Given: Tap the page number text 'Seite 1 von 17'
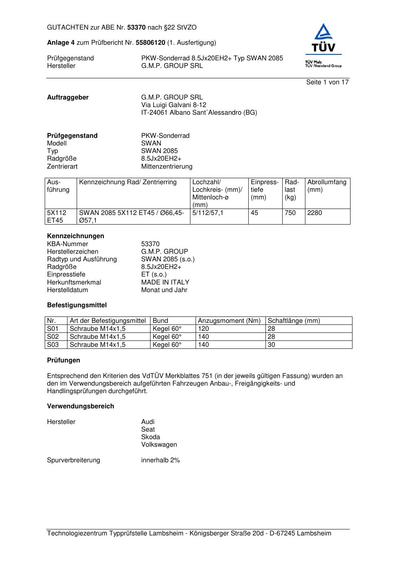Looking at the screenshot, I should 327,82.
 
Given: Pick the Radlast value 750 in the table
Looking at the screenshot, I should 290,213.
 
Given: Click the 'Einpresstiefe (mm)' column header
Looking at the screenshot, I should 265,190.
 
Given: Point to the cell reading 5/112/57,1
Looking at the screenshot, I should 208,213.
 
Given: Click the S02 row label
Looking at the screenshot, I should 53,337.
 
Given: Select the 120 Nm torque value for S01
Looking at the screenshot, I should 204,329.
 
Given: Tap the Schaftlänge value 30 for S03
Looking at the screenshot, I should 271,345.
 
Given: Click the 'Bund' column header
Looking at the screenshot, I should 160,321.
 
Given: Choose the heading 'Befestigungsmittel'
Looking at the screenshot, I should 77,305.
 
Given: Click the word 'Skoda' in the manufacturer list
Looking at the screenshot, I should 150,437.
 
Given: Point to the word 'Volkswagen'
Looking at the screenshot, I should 159,445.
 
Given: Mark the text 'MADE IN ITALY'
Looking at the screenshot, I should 165,282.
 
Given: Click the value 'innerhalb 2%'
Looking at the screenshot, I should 160,460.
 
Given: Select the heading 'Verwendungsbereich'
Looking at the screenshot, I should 81,406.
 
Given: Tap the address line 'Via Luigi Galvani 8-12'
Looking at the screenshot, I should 174,105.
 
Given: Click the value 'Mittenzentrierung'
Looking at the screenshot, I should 167,167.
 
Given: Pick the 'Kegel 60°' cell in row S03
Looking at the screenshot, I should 167,345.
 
